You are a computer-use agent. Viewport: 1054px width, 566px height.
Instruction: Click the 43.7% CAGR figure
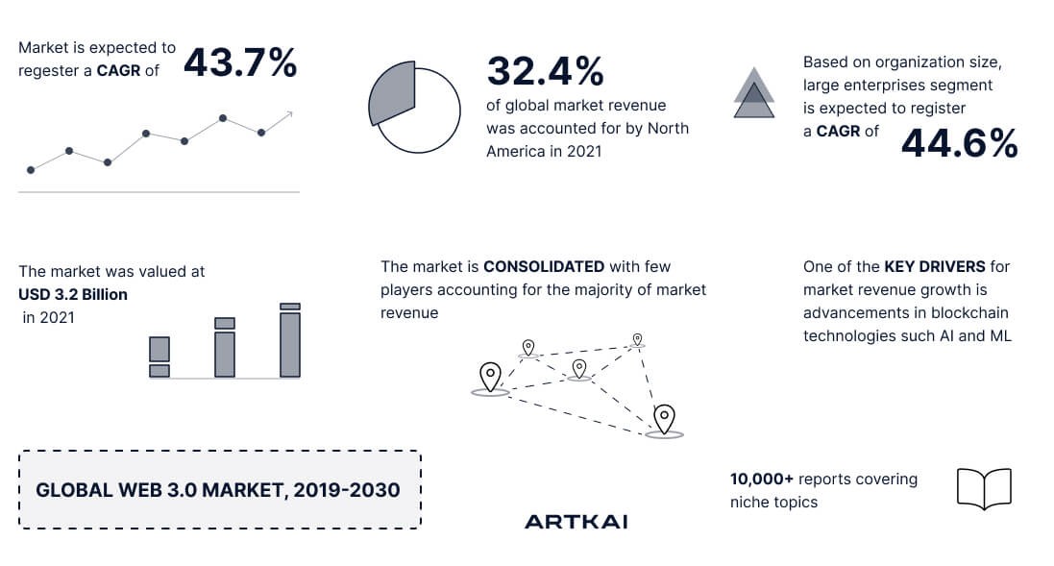point(240,62)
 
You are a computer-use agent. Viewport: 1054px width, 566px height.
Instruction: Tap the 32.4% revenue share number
point(545,71)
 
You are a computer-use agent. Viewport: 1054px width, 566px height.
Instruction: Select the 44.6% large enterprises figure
point(959,143)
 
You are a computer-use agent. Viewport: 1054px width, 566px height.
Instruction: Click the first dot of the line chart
point(31,170)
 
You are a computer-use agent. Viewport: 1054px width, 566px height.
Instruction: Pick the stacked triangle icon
point(753,93)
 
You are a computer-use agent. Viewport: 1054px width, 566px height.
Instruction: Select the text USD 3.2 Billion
point(73,294)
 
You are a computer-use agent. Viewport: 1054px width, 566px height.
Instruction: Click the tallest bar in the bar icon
point(290,340)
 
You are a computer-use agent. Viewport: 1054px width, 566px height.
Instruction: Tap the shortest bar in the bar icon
point(159,357)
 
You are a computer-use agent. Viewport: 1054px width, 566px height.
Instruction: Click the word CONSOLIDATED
point(544,267)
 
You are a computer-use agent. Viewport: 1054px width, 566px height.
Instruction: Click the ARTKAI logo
point(576,522)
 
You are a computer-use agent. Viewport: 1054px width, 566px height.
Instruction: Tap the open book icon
point(984,489)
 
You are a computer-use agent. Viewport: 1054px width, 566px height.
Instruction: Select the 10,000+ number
point(762,480)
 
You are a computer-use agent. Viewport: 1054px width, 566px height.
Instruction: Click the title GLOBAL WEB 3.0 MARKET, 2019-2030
point(218,490)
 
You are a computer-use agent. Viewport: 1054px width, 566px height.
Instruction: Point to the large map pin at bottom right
point(664,420)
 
